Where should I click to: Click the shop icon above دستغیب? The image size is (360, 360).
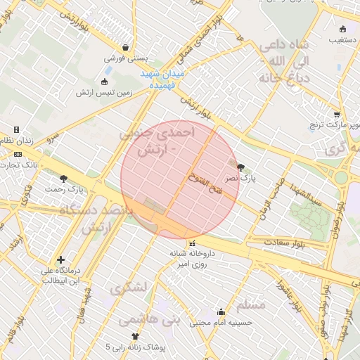342,30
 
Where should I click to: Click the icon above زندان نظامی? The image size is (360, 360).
17,130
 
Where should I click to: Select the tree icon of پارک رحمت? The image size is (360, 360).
64,179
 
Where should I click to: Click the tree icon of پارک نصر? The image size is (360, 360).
241,167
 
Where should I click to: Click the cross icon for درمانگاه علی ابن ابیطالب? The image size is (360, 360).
61,259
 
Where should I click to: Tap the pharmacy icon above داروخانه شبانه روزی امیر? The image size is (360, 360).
192,243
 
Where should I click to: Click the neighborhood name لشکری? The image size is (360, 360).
129,287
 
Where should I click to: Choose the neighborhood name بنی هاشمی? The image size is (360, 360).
149,319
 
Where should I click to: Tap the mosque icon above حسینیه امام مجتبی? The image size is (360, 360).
221,312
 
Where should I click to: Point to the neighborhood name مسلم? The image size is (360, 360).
251,304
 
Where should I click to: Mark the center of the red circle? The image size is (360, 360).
181,180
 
